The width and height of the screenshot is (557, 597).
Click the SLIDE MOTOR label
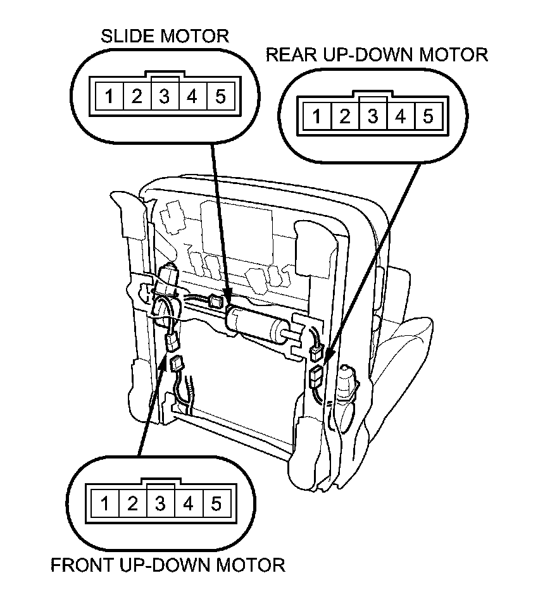coord(165,36)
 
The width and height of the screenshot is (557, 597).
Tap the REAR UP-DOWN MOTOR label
coord(377,55)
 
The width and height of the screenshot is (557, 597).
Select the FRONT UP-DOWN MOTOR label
coord(168,564)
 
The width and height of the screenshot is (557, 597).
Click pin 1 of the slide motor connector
coord(110,97)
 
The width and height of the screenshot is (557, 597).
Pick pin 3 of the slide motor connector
coord(165,97)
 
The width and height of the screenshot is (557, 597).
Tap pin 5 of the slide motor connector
coord(220,97)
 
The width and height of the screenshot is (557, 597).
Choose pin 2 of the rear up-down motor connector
coord(345,116)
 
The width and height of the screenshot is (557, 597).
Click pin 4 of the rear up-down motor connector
coord(400,116)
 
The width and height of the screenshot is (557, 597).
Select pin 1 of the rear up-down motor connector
coord(317,116)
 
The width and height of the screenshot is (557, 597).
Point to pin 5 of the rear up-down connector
coord(427,116)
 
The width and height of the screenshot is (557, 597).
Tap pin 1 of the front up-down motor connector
coord(106,504)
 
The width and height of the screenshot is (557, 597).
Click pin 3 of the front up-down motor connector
coord(161,504)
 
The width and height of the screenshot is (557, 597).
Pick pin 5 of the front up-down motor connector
coord(216,504)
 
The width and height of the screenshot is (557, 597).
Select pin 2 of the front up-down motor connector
coord(133,504)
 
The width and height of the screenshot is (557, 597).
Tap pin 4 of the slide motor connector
coord(192,97)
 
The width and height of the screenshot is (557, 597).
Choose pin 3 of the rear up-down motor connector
coord(372,116)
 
